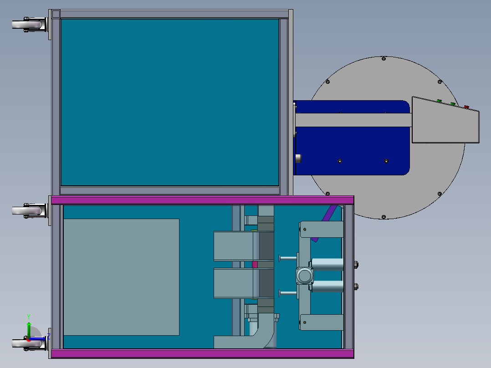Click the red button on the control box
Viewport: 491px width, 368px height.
tap(466, 107)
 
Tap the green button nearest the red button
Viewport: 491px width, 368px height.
tap(453, 104)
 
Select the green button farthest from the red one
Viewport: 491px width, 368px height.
tap(439, 101)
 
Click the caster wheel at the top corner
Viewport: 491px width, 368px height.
tap(30, 25)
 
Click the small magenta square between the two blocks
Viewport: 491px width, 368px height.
tap(255, 264)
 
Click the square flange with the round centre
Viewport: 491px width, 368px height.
tap(304, 276)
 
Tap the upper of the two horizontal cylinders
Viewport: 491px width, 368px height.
tap(327, 264)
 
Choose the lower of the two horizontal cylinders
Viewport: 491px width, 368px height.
tap(327, 286)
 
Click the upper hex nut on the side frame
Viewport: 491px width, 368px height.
tap(355, 264)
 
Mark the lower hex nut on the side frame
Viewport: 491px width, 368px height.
tap(355, 286)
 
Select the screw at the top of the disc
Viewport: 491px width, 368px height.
tap(384, 58)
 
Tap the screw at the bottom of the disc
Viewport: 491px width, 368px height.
tap(384, 216)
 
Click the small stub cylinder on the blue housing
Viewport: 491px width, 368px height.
tap(298, 158)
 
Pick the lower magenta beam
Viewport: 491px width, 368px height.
tap(202, 353)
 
